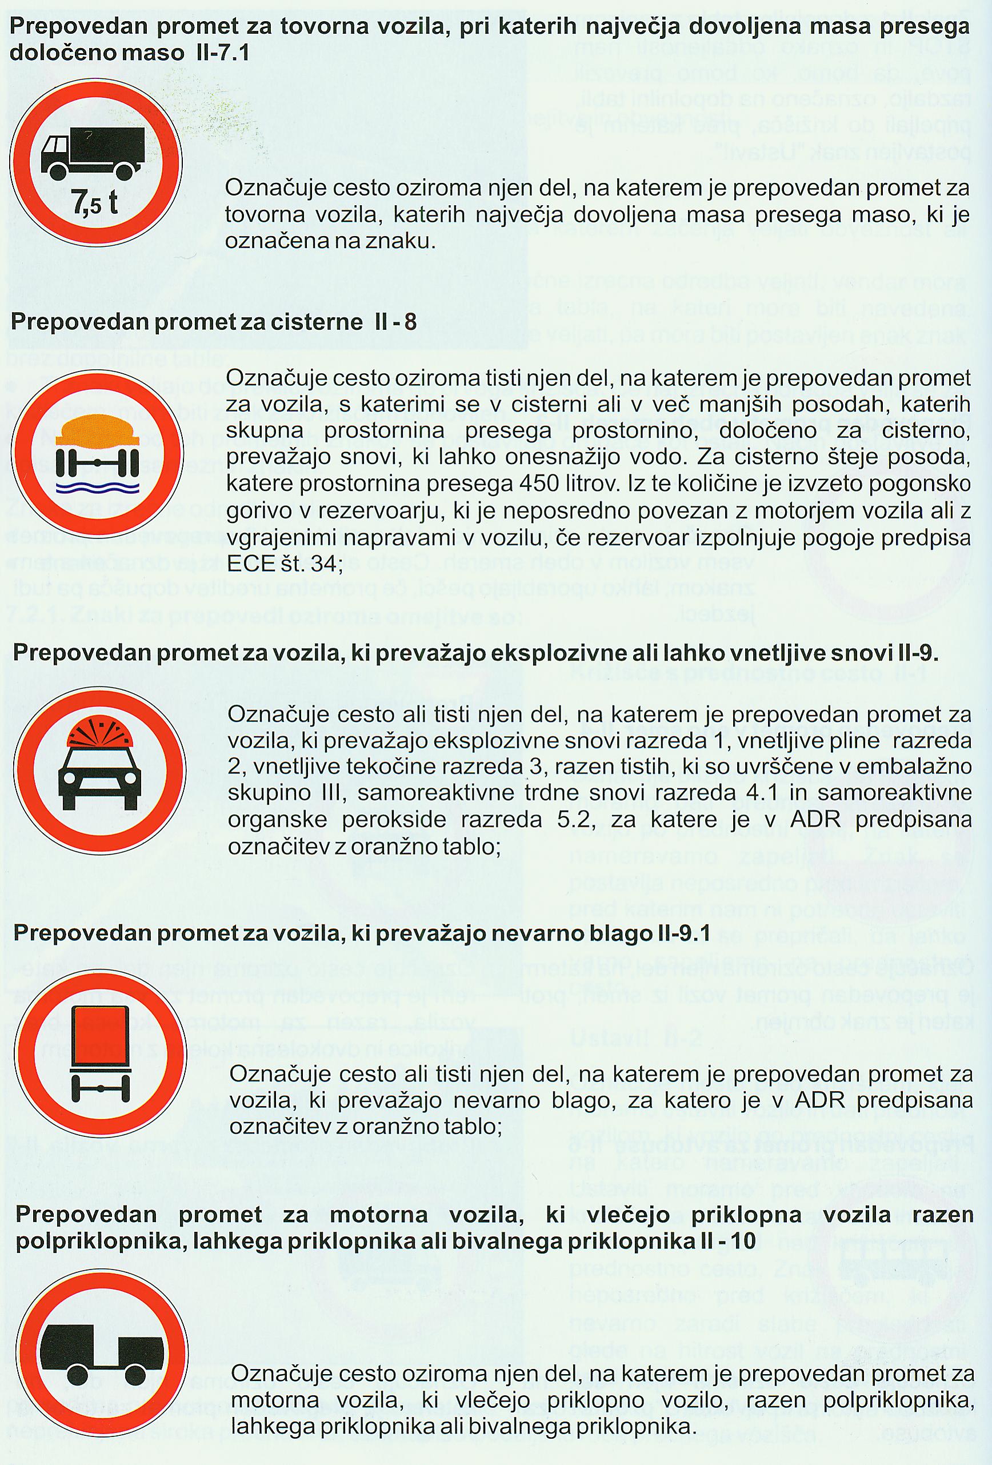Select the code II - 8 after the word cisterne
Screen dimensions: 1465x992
[391, 322]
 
